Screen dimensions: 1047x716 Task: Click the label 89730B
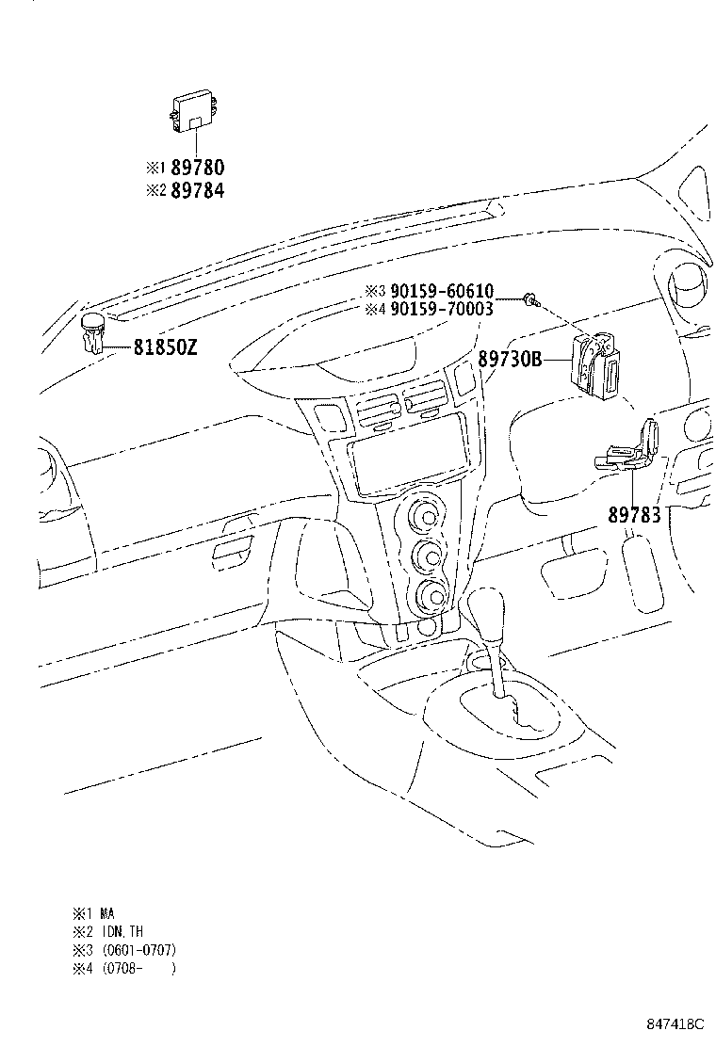510,359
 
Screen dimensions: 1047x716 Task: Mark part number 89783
634,515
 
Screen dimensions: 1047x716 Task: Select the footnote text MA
107,913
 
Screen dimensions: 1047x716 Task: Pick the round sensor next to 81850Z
92,331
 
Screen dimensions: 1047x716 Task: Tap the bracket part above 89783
630,448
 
